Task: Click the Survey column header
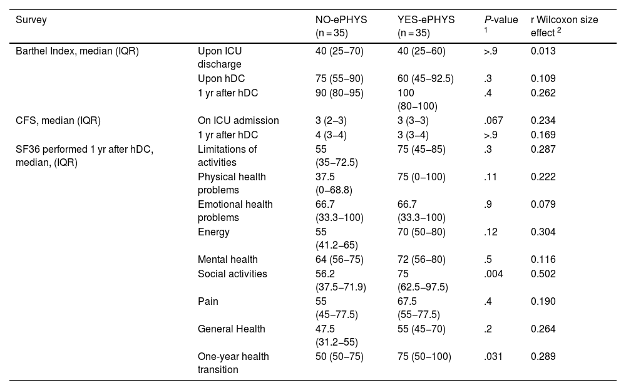31,20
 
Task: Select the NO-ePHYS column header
341,26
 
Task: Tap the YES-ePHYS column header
426,26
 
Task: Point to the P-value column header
501,24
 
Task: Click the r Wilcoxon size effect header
564,26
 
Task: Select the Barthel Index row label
77,51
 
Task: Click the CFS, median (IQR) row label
58,121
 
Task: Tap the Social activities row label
232,274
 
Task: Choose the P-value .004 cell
493,274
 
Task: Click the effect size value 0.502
543,274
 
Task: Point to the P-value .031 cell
493,356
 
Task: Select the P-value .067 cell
493,121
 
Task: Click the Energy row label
213,232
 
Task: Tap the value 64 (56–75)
339,260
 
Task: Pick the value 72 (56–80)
421,260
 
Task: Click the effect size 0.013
543,51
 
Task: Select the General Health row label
231,329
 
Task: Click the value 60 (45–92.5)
426,79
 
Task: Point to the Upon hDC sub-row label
221,79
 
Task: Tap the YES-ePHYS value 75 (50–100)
424,357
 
